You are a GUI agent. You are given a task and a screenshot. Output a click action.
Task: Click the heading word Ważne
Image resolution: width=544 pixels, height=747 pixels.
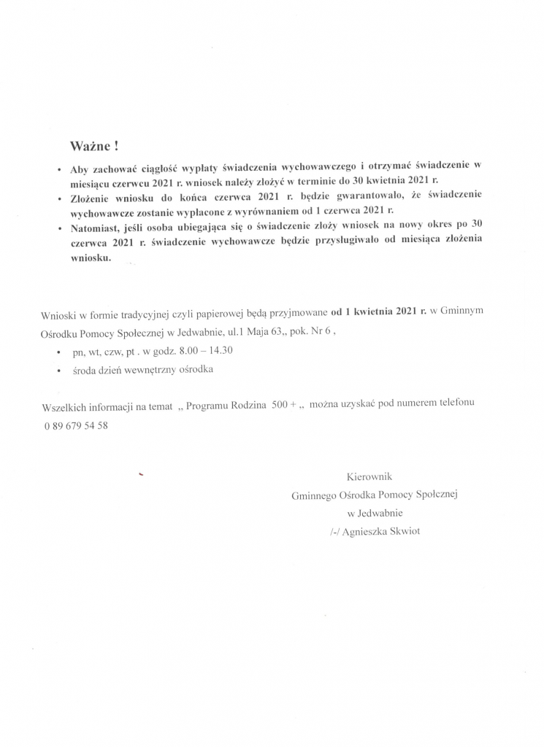tap(90, 146)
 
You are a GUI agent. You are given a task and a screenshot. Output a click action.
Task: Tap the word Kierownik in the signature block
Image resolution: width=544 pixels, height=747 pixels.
tap(369, 477)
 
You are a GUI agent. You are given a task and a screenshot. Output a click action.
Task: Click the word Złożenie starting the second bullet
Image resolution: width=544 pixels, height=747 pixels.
tap(93, 198)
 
